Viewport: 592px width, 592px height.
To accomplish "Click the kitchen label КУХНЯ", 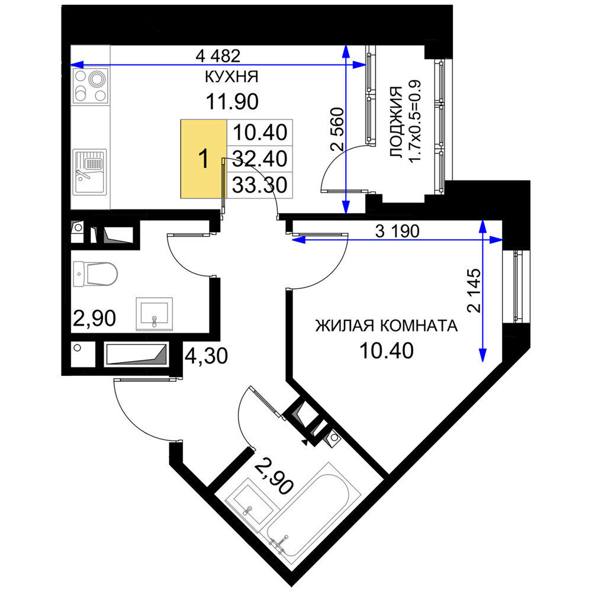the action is pyautogui.click(x=231, y=76).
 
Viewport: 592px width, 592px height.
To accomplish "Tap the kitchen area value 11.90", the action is pyautogui.click(x=232, y=102).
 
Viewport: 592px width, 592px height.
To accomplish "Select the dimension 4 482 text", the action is pyautogui.click(x=218, y=56).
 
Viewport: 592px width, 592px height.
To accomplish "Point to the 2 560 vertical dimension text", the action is pyautogui.click(x=337, y=130).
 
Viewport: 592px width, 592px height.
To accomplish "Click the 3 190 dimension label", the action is pyautogui.click(x=397, y=231).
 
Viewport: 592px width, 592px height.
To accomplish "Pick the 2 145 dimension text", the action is pyautogui.click(x=474, y=290).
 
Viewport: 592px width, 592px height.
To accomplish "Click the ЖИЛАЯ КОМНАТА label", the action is pyautogui.click(x=386, y=326).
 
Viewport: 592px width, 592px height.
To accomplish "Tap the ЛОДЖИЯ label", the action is pyautogui.click(x=396, y=122).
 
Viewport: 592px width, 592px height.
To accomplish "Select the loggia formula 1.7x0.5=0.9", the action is pyautogui.click(x=415, y=121).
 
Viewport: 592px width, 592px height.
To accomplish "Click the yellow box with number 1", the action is pyautogui.click(x=204, y=159).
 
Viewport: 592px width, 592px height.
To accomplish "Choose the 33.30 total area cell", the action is pyautogui.click(x=260, y=185).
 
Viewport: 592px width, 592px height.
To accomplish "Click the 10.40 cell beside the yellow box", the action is pyautogui.click(x=260, y=132).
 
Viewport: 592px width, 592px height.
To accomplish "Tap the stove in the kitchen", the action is pyautogui.click(x=91, y=86).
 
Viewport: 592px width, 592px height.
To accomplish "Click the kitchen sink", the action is pyautogui.click(x=90, y=172).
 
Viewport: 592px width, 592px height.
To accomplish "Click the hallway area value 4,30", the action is pyautogui.click(x=206, y=356).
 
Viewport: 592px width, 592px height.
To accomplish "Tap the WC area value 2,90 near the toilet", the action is pyautogui.click(x=94, y=318).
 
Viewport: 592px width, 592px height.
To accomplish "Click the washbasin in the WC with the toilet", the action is pyautogui.click(x=155, y=314).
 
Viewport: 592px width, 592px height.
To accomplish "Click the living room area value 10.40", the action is pyautogui.click(x=386, y=350).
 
